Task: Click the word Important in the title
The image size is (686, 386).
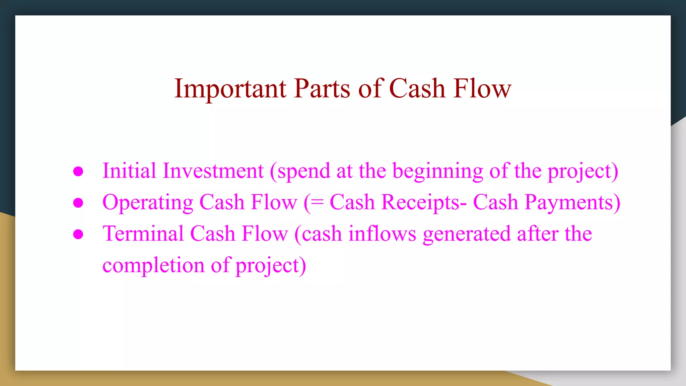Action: click(230, 88)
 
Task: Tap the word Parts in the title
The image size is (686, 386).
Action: click(322, 88)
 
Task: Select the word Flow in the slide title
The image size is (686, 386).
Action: click(482, 88)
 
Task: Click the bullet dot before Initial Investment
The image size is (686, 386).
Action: click(78, 172)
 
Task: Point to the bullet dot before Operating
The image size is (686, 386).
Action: click(78, 203)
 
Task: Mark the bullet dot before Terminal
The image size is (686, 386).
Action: click(78, 234)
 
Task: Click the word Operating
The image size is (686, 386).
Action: click(148, 203)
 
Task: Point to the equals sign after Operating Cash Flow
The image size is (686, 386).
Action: click(317, 203)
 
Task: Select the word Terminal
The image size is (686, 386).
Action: click(143, 234)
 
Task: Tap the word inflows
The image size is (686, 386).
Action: click(382, 234)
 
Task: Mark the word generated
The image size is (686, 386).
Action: click(467, 234)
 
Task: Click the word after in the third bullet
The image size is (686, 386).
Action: click(537, 234)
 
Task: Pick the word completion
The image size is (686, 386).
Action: click(153, 265)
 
